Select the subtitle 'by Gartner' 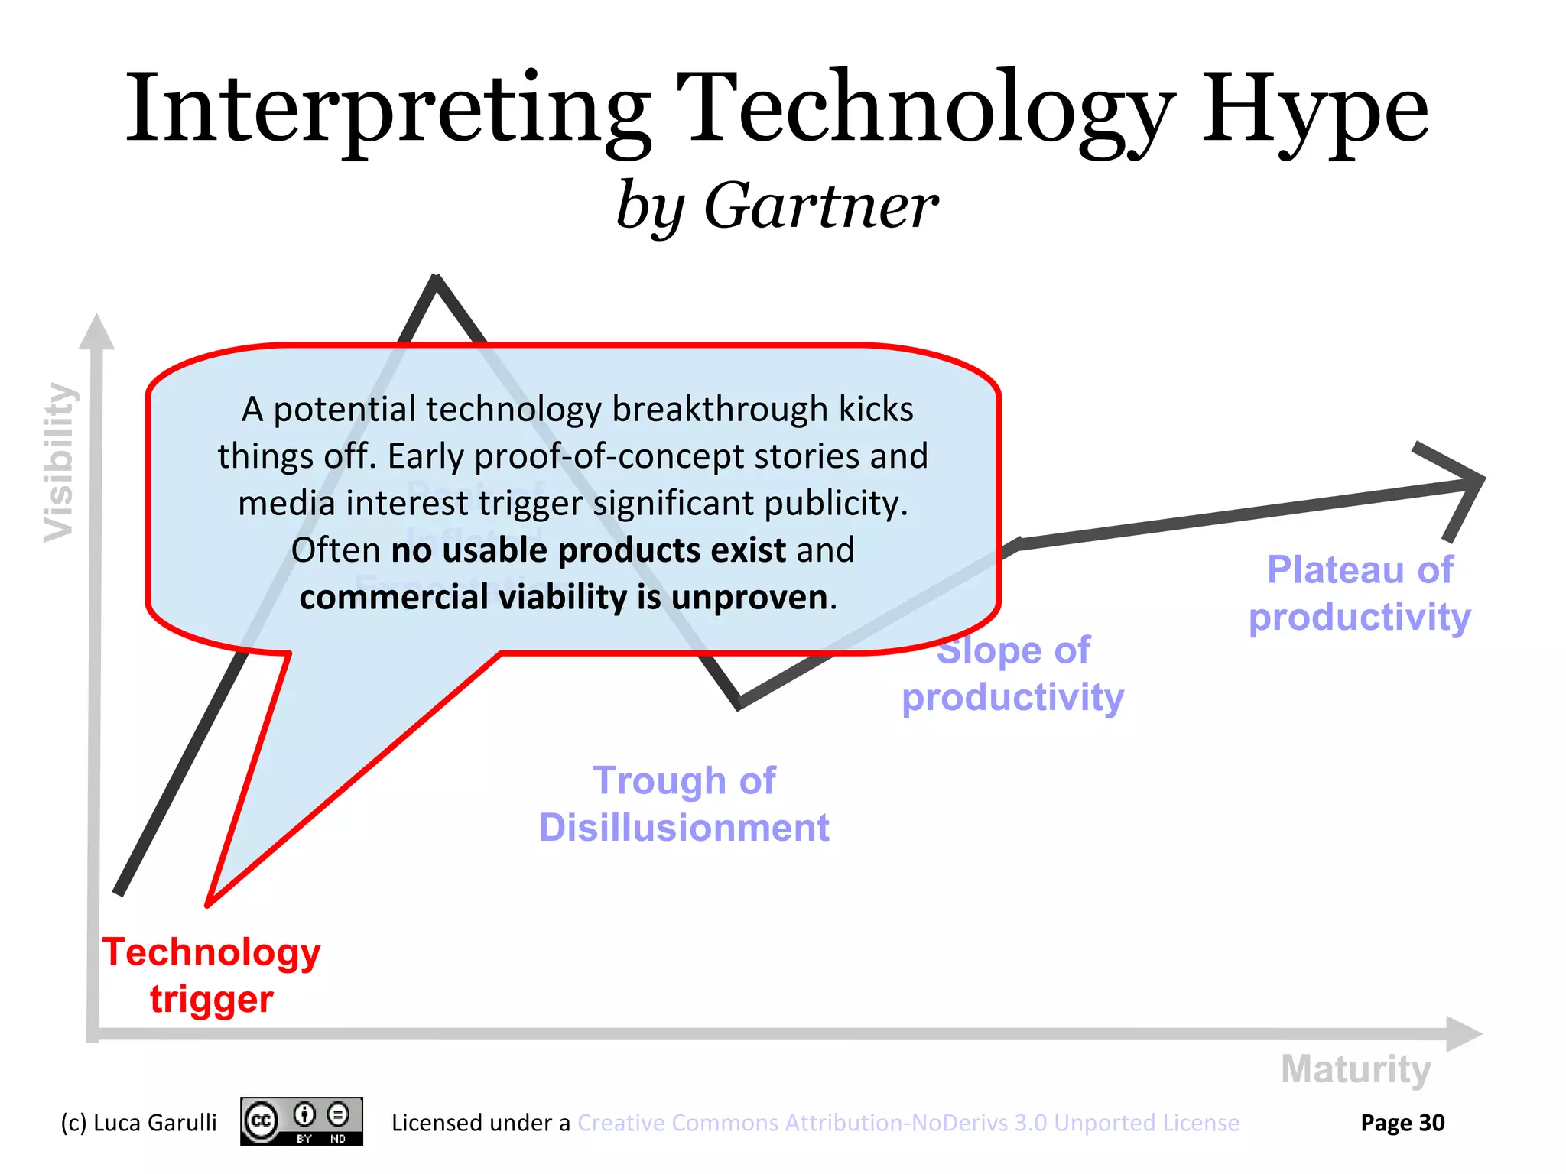[777, 206]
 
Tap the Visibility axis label [59, 463]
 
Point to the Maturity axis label [1355, 1069]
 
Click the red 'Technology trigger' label [212, 975]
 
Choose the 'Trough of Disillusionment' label [684, 804]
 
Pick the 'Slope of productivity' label [1012, 674]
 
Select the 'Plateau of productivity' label [1360, 593]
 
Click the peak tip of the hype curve [435, 280]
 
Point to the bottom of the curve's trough [739, 703]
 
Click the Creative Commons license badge [301, 1121]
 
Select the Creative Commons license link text [908, 1122]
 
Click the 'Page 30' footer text [1402, 1122]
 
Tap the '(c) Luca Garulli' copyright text [138, 1122]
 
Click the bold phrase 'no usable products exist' [588, 550]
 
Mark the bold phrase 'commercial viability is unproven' [564, 597]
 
